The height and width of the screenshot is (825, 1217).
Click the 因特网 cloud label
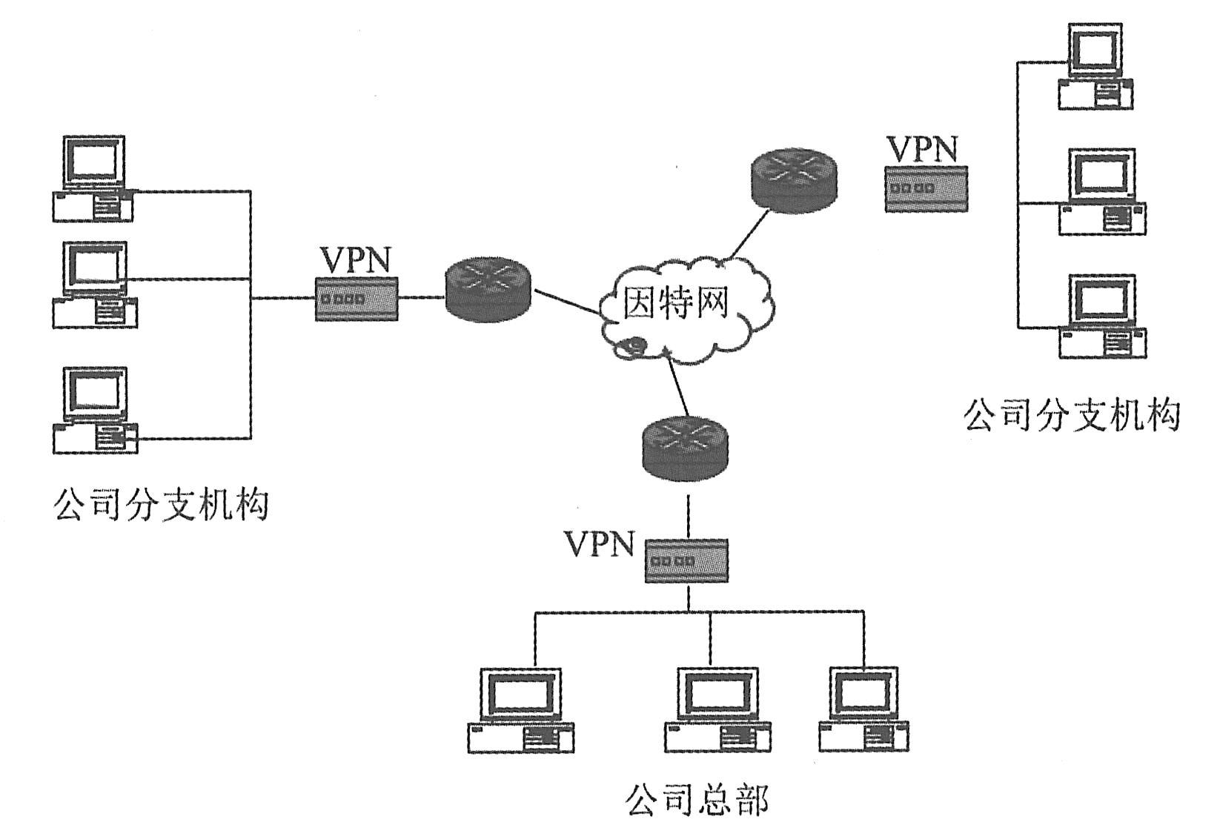tap(675, 303)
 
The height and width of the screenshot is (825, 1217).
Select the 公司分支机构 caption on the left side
tap(161, 506)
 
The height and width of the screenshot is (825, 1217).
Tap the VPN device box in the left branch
tap(357, 299)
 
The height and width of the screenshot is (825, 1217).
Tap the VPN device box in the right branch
tap(926, 189)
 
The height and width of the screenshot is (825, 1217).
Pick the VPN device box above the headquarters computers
tap(686, 561)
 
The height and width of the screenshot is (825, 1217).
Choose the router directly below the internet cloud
tap(686, 448)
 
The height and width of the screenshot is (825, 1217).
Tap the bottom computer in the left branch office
tap(96, 411)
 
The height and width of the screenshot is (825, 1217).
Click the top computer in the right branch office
tap(1095, 67)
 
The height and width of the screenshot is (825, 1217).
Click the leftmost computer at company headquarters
tap(520, 710)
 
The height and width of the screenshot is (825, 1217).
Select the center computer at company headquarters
tap(717, 710)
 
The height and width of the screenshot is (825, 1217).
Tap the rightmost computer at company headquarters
tap(864, 710)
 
